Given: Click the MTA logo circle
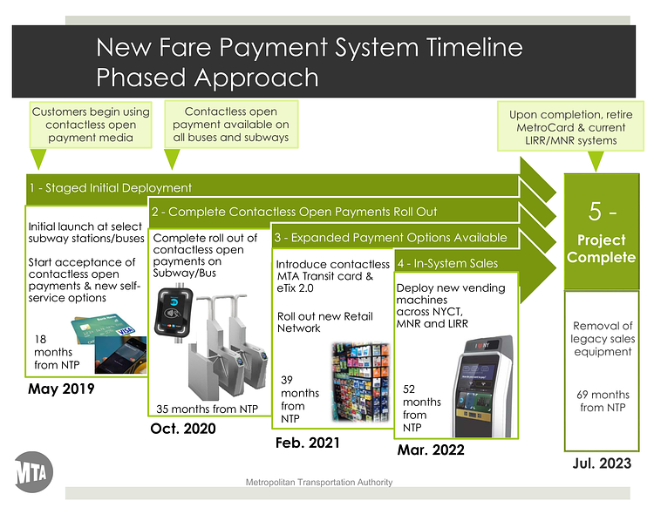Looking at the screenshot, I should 34,473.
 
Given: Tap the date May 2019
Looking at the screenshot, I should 62,389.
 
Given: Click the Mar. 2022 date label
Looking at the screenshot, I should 430,450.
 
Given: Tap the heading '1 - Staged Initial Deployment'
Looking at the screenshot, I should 111,187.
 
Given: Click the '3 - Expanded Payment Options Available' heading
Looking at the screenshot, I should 391,237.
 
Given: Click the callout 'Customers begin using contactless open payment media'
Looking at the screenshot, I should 91,125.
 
